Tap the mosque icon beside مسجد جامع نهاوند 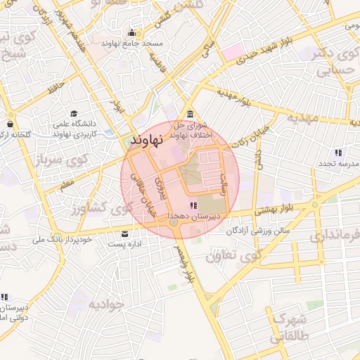click(131, 32)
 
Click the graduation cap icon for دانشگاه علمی click(73, 113)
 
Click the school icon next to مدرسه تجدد click(338, 153)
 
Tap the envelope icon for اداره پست click(124, 234)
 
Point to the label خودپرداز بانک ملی click(58, 240)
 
